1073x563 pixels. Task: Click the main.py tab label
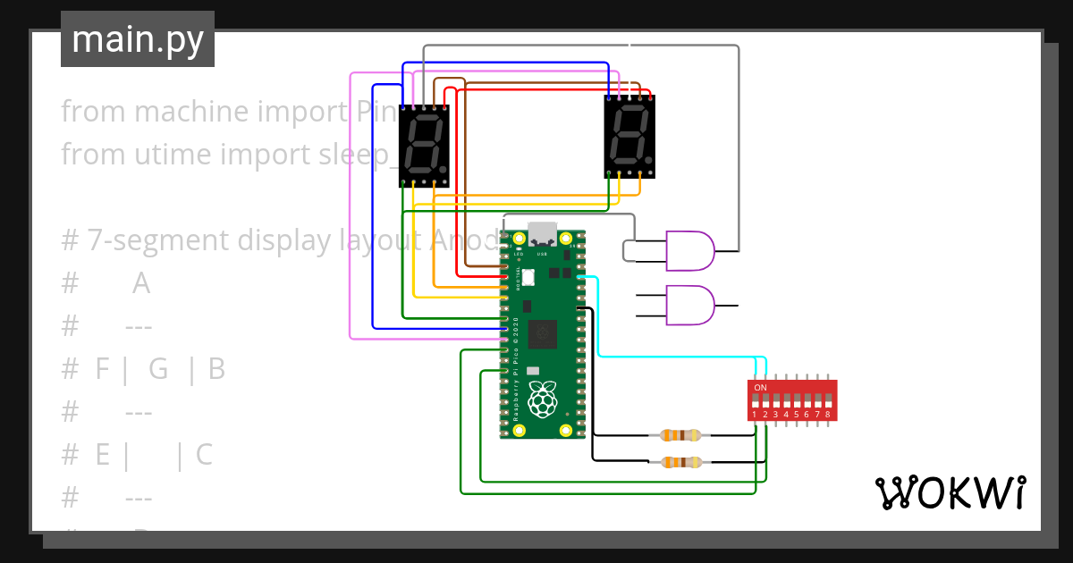tap(137, 39)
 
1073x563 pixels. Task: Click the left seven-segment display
tap(423, 146)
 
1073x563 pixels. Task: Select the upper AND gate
tap(689, 250)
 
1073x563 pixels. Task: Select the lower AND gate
tap(689, 305)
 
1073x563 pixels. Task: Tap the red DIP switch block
tap(792, 400)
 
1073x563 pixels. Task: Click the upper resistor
tap(680, 435)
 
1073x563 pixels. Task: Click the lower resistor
tap(680, 462)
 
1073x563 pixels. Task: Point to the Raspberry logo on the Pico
tap(542, 399)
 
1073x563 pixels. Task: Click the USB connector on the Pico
tap(542, 233)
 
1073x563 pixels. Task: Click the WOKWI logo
tap(950, 492)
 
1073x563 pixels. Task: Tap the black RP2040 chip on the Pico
tap(542, 334)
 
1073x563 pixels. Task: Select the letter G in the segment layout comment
tap(158, 369)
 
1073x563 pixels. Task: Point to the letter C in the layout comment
tap(204, 455)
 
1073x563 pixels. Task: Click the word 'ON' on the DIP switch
tap(760, 387)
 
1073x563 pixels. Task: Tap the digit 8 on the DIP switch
tap(828, 415)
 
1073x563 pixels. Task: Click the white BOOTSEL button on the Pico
tap(528, 278)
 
